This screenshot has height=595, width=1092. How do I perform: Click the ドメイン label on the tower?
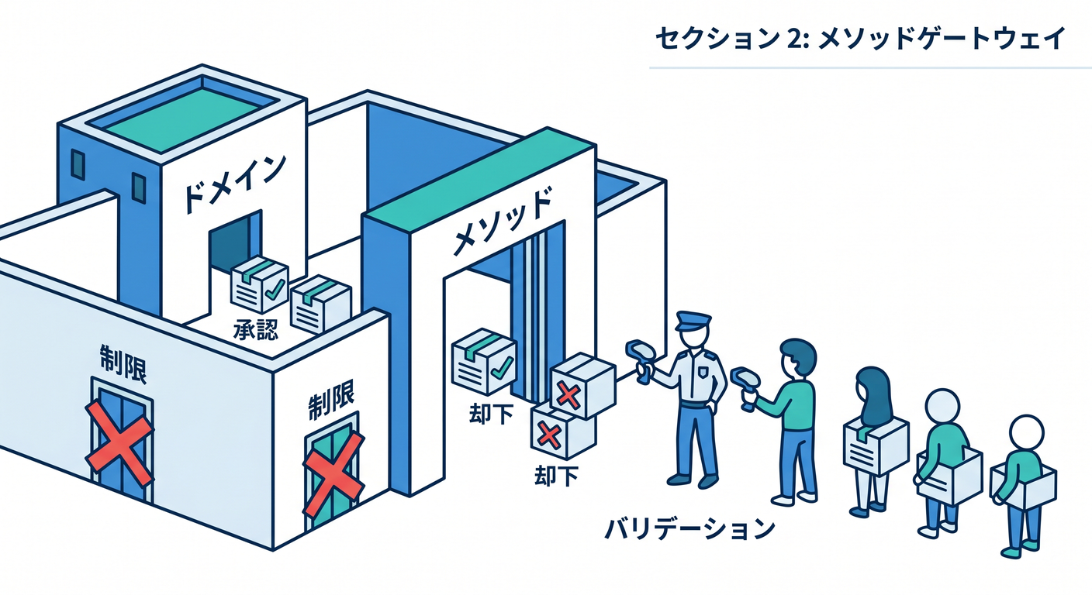(x=234, y=184)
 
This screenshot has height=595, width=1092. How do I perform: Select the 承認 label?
(x=256, y=329)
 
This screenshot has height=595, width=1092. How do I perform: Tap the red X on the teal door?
(x=334, y=474)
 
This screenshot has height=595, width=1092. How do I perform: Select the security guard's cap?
(x=693, y=321)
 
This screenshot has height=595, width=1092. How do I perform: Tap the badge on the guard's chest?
(x=703, y=373)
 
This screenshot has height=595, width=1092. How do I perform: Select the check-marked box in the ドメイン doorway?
(x=259, y=285)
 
